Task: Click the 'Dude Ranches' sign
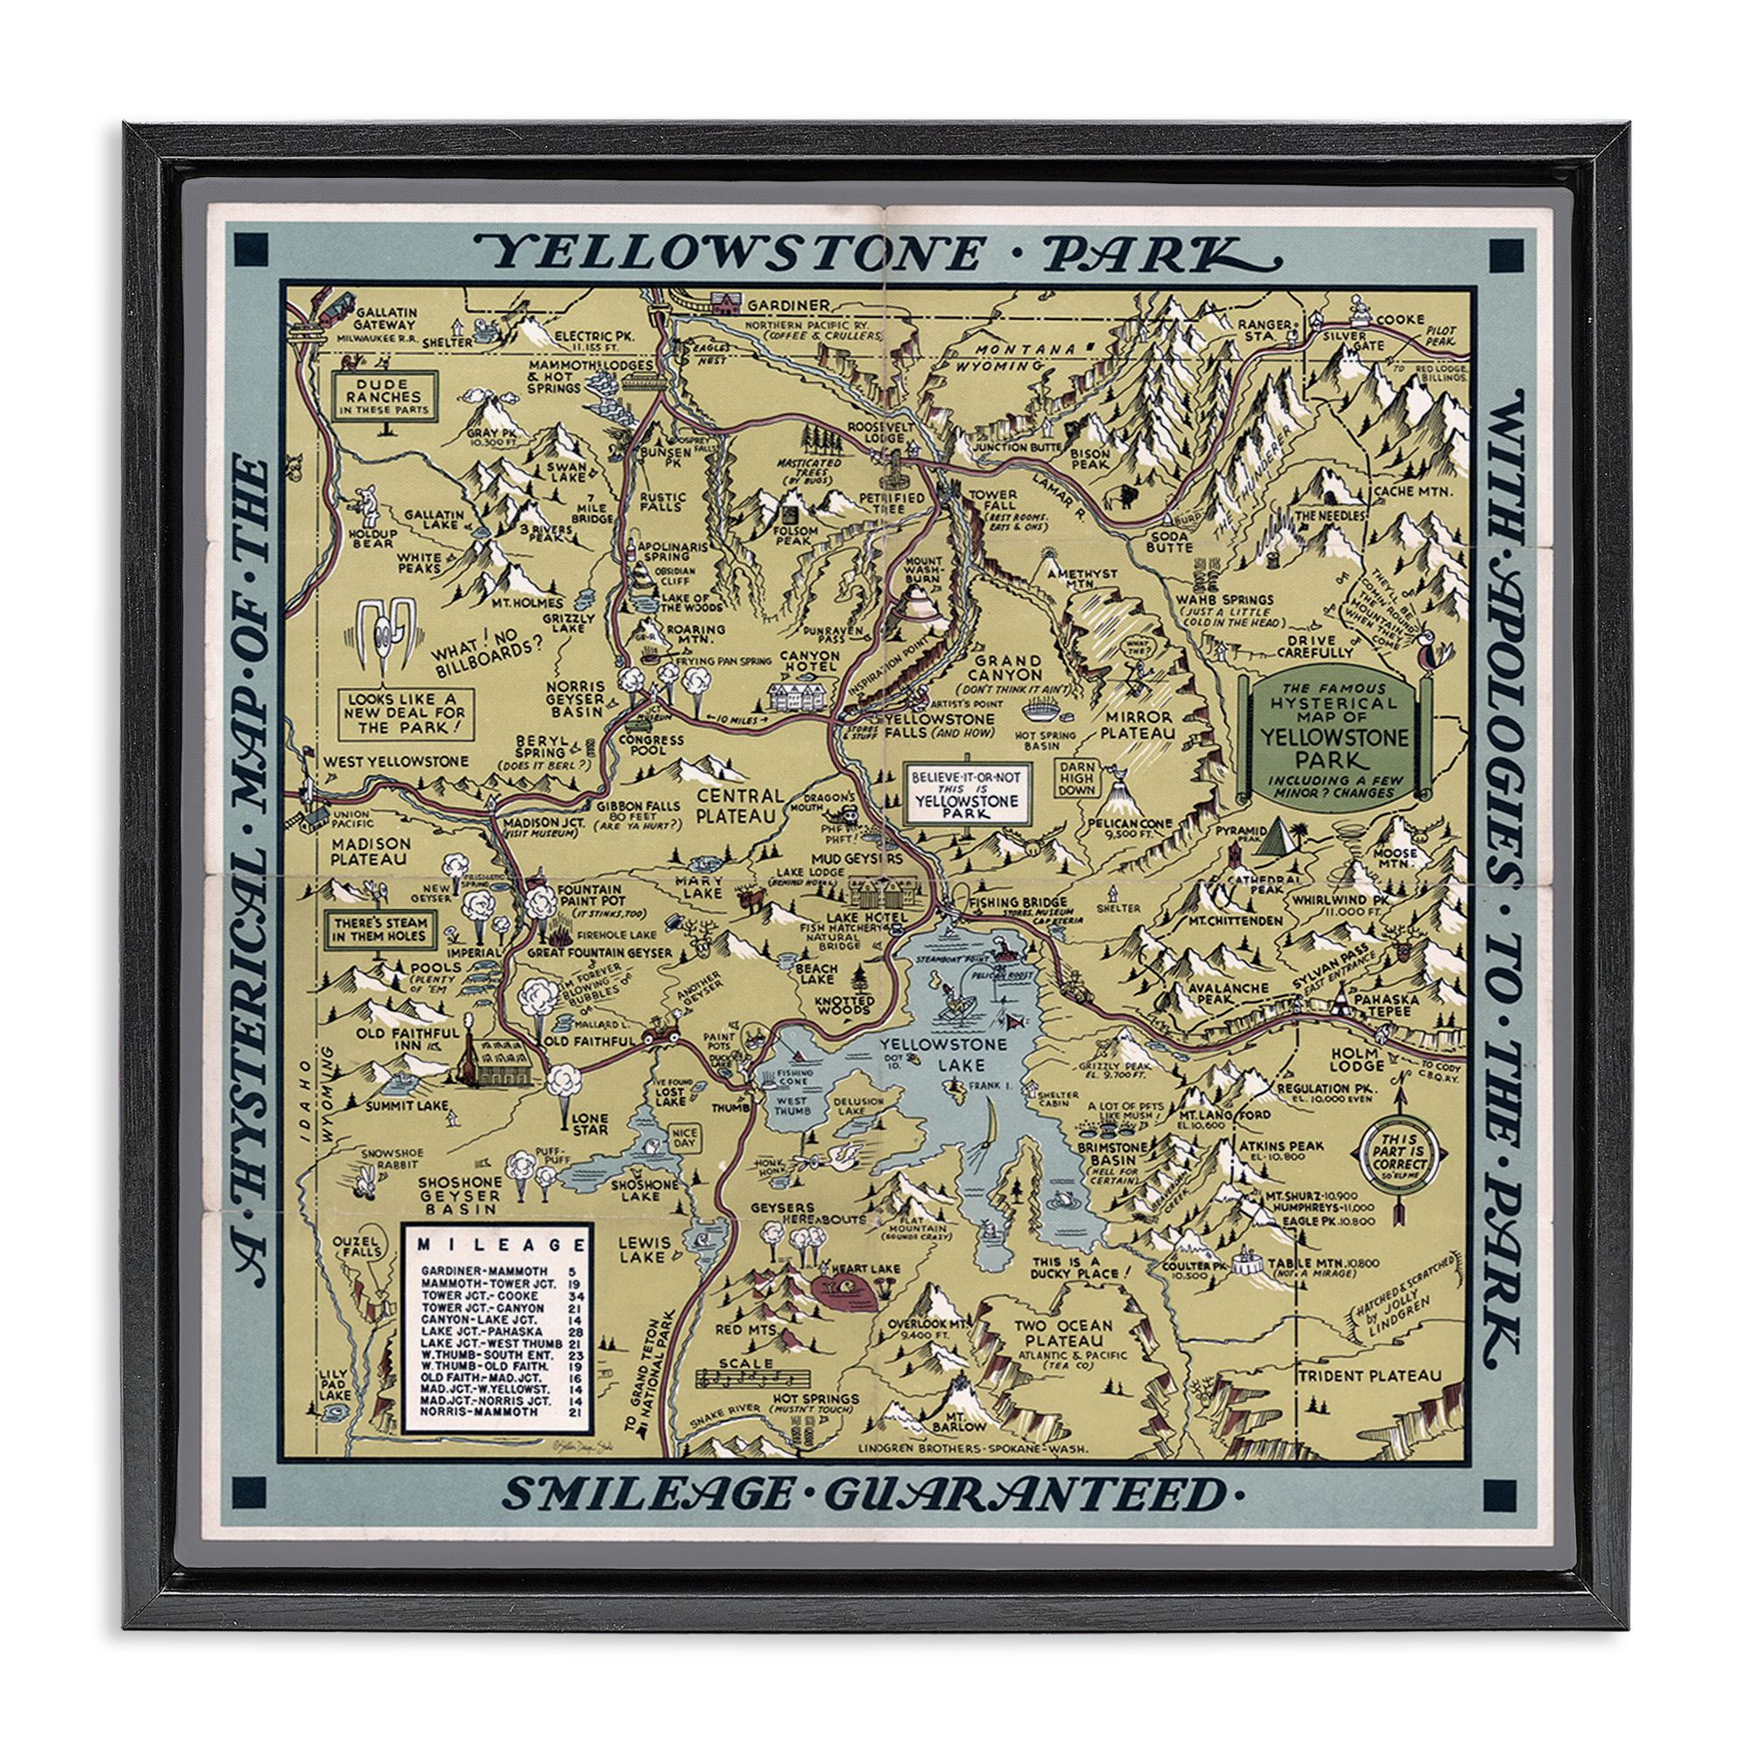[383, 396]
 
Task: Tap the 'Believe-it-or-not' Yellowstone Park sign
[966, 794]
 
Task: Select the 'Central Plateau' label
[740, 806]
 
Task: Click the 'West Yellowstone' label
[396, 762]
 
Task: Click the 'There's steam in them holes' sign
[380, 929]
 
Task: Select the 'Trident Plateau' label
[1369, 1375]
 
